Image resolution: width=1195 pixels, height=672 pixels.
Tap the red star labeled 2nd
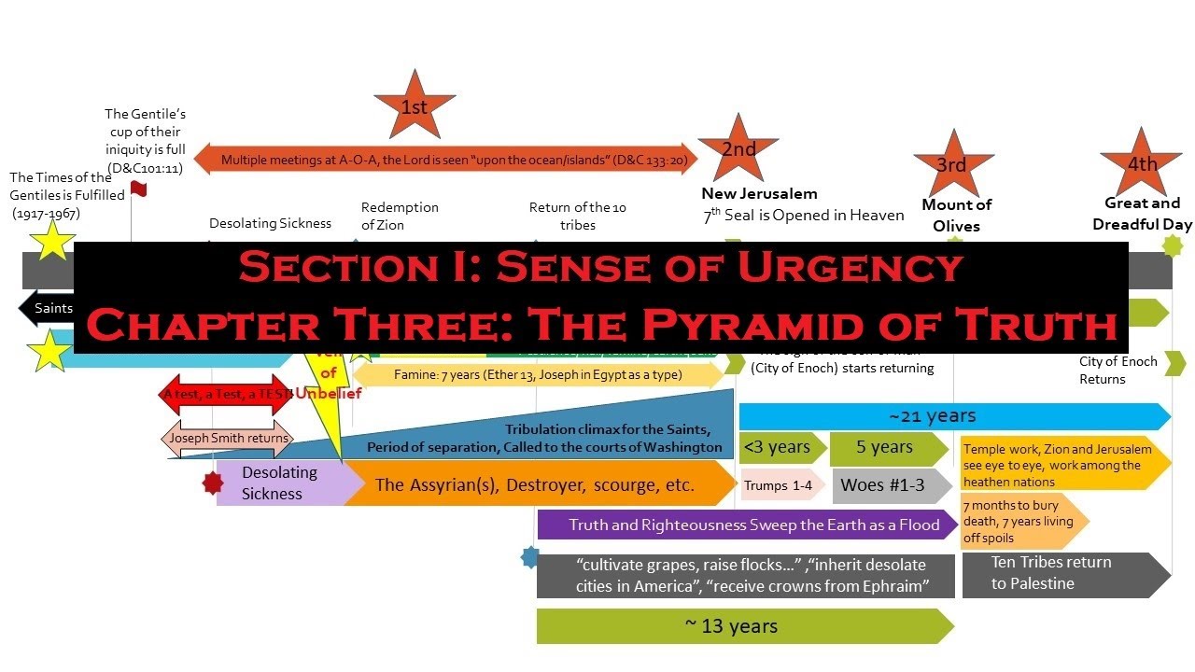coord(738,149)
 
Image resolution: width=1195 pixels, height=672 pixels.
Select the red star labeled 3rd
coord(952,165)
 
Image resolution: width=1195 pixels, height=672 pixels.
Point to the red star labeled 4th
coord(1140,164)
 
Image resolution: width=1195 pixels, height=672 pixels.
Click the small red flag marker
coord(139,189)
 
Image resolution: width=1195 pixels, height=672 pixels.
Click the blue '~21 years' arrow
coord(952,416)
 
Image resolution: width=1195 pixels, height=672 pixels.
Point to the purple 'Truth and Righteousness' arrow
coord(747,525)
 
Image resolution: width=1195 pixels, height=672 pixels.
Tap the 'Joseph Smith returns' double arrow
coord(229,438)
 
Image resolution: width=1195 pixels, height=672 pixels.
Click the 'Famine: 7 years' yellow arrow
coord(537,375)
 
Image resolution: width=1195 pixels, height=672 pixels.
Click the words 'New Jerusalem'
coord(759,194)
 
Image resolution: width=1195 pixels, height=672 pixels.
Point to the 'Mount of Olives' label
coord(956,215)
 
